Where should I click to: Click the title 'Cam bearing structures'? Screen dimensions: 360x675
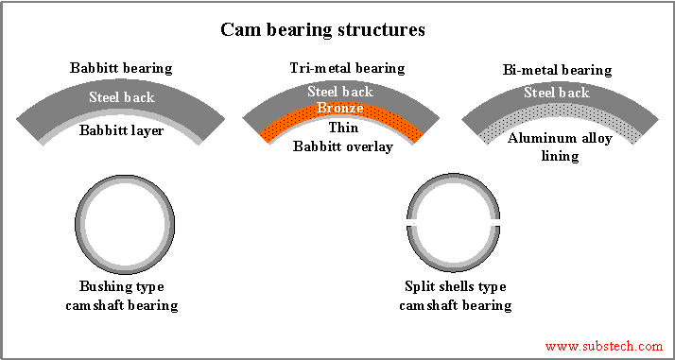(322, 29)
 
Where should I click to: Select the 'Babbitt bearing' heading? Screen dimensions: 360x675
(120, 69)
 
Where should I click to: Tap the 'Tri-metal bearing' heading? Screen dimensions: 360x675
(347, 68)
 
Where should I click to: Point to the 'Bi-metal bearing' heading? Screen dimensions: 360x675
(558, 70)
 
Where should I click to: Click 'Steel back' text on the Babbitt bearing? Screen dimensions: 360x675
(122, 96)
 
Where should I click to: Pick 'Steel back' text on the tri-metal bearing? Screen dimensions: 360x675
(339, 92)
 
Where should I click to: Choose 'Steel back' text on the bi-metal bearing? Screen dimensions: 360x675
(557, 93)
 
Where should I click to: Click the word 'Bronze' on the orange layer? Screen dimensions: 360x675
(339, 108)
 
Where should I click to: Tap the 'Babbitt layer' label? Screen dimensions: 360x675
(122, 130)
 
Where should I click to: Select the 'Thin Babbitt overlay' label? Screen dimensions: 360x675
(341, 137)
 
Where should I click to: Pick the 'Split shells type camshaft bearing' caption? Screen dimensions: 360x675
(455, 296)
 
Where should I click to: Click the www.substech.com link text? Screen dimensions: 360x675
(604, 347)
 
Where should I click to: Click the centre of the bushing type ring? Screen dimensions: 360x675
(125, 223)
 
